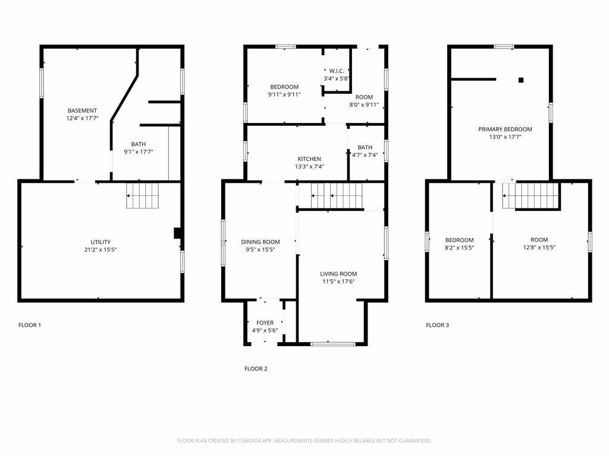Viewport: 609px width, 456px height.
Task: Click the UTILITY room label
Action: (101, 242)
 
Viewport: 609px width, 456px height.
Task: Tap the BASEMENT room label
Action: (82, 110)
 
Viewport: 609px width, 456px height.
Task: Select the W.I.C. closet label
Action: (337, 71)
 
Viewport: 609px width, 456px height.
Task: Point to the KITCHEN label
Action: (309, 159)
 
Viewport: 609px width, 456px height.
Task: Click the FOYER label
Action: (265, 322)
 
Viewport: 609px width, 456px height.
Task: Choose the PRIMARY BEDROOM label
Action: (506, 129)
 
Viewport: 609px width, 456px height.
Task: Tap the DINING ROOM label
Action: (260, 242)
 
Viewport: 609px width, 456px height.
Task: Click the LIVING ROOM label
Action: (338, 274)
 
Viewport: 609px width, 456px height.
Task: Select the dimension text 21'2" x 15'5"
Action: (101, 250)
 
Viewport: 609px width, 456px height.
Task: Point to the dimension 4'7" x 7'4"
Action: (365, 155)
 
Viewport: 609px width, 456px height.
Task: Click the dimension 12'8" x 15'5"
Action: (539, 248)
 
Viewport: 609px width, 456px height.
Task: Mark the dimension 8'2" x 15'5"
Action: (460, 248)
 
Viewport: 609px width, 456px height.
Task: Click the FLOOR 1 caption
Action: (30, 325)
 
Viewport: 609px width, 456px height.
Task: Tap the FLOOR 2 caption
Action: (256, 369)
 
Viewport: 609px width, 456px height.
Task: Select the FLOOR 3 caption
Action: (437, 325)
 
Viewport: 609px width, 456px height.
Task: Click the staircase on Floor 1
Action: (143, 195)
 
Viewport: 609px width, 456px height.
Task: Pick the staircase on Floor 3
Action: (530, 195)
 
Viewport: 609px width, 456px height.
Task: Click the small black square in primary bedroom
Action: (521, 80)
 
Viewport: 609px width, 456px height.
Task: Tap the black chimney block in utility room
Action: (177, 233)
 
